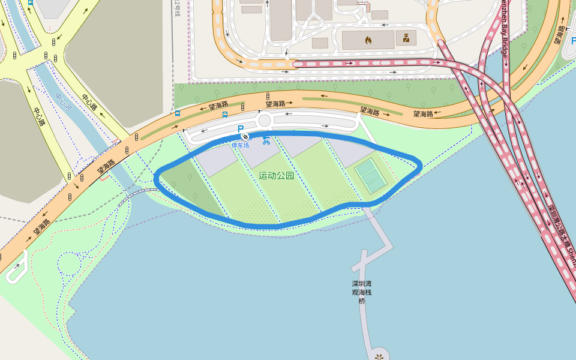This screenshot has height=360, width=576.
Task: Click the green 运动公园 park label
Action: [x=277, y=176]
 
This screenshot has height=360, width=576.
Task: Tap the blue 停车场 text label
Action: [x=241, y=145]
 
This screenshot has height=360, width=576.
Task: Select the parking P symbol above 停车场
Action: [x=241, y=129]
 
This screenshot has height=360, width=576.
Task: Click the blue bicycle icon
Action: [x=266, y=141]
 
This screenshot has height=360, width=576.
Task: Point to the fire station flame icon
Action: [x=368, y=40]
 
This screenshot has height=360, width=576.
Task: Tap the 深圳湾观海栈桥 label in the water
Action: [x=362, y=292]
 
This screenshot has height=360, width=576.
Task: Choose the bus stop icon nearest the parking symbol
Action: [x=224, y=114]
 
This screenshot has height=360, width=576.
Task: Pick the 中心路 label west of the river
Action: [x=40, y=116]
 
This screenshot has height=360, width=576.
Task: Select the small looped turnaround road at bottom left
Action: [x=16, y=266]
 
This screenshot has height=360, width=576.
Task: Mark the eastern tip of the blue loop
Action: [x=420, y=165]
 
